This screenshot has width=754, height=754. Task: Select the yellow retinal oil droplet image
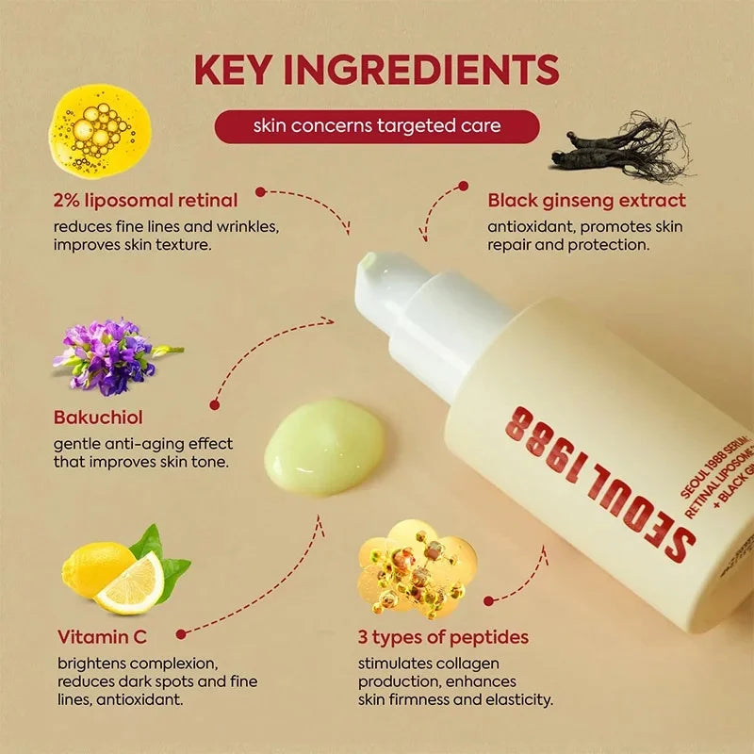[99, 130]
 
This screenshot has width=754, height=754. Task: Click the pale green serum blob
[324, 445]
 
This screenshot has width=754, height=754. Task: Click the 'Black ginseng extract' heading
[586, 200]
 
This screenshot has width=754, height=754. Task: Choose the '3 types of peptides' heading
[443, 636]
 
